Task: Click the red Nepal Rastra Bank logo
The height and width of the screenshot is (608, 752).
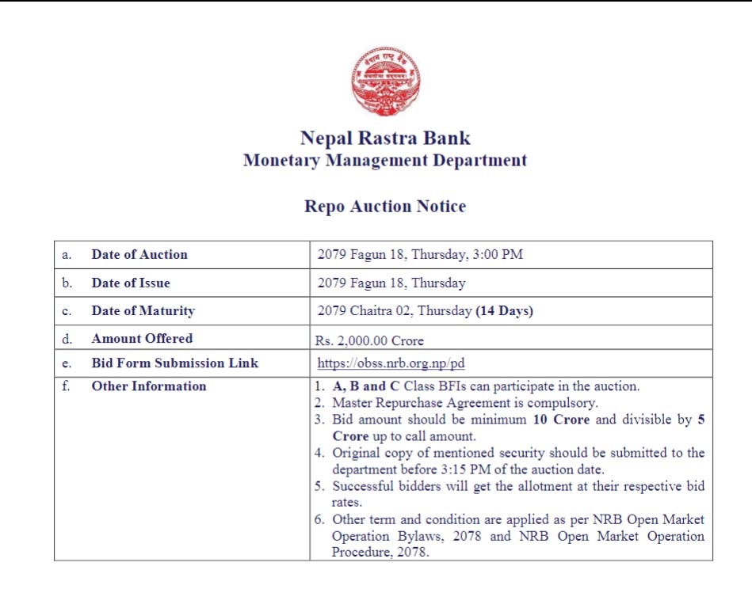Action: tap(386, 82)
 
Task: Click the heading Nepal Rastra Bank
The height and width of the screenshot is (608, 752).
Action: tap(385, 139)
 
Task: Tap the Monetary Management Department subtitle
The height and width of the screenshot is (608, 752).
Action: tap(385, 160)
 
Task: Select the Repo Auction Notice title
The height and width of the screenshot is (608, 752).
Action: tap(385, 207)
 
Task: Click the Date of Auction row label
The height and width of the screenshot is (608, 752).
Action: tap(139, 255)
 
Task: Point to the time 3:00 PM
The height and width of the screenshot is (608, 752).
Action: tap(500, 255)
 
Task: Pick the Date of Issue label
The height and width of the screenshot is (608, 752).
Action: tap(131, 283)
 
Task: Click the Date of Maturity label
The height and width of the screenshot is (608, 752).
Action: tap(143, 311)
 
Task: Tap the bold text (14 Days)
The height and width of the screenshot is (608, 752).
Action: tap(504, 311)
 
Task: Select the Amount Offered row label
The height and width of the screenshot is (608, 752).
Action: tap(142, 339)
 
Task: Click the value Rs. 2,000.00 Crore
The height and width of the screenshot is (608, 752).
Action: tap(370, 341)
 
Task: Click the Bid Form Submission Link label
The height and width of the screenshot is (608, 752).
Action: tap(175, 364)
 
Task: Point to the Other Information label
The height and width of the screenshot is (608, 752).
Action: tap(149, 386)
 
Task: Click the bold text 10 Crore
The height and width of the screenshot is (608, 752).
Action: tap(561, 420)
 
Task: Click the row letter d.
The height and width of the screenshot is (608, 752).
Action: tap(67, 339)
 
